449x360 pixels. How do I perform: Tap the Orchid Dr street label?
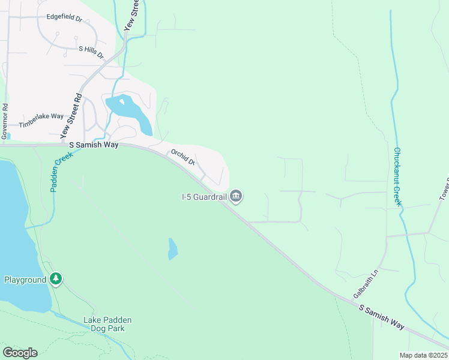pos(183,157)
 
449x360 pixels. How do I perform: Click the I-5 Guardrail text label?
pos(203,196)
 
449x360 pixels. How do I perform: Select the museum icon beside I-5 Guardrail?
pos(237,196)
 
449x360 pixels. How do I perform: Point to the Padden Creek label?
pos(61,171)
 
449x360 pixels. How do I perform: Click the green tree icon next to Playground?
pos(56,279)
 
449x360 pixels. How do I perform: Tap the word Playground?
pos(25,280)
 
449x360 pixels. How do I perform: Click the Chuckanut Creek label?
pos(397,176)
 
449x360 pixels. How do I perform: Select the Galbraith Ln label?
pos(367,284)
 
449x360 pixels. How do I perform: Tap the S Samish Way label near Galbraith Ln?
pos(382,316)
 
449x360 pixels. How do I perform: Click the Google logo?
pos(20,352)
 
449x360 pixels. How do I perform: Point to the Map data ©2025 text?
pos(423,355)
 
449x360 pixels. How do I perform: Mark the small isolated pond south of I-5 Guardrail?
pos(172,249)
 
